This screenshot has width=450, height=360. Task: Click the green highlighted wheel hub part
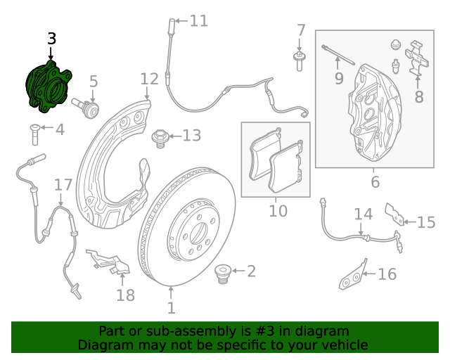coord(48,86)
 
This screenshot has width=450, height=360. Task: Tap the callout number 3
coord(51,39)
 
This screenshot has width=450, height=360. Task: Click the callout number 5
coord(93,83)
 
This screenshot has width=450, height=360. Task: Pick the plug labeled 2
coord(224,271)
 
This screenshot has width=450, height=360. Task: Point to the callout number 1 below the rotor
coord(171,308)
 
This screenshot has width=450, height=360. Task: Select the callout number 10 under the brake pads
coord(278,210)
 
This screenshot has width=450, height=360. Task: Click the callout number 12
coord(149,79)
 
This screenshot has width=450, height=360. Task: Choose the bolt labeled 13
coord(160,136)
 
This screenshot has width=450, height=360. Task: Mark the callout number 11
coord(199,21)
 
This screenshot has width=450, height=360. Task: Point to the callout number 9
coord(339,78)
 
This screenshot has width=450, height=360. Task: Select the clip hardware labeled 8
coord(416,59)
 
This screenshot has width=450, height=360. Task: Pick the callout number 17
coord(63,186)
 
